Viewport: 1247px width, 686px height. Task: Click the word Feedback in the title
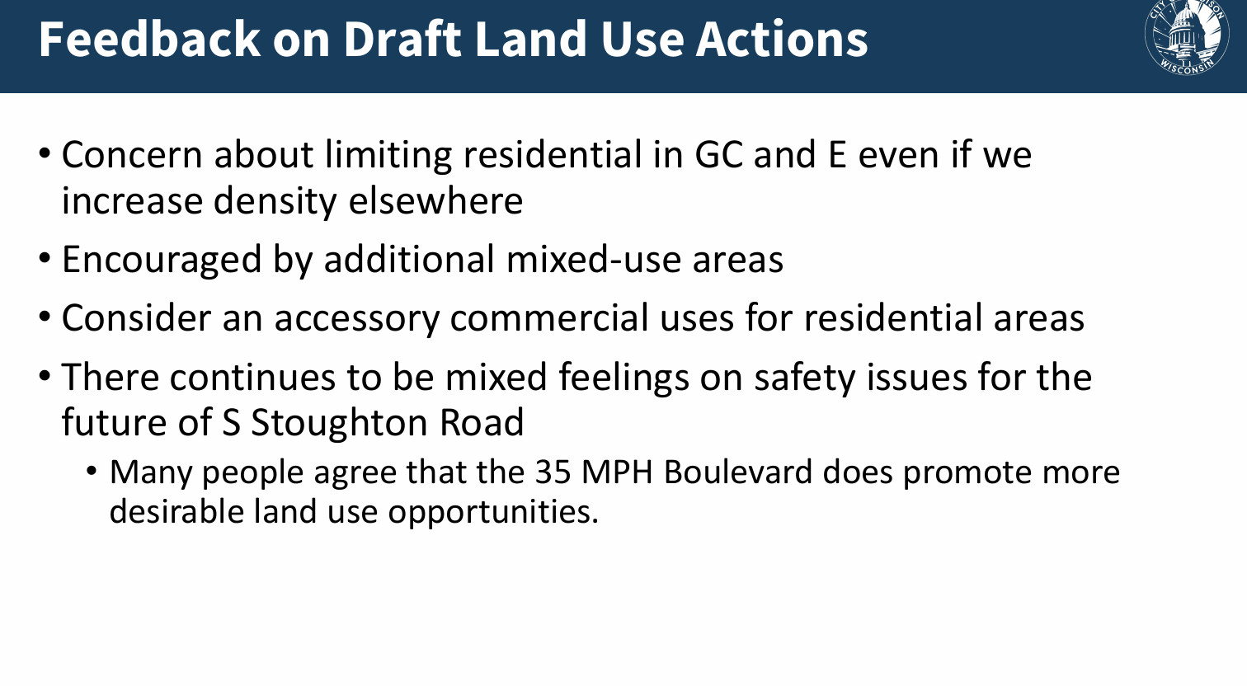click(149, 39)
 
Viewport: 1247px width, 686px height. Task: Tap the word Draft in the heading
click(402, 39)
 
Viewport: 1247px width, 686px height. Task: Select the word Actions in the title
click(782, 39)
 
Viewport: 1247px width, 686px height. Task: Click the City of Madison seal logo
click(1186, 37)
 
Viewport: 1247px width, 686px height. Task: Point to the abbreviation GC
click(718, 154)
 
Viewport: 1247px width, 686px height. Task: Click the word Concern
click(132, 154)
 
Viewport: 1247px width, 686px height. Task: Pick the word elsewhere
click(435, 200)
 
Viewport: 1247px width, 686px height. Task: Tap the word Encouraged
click(162, 259)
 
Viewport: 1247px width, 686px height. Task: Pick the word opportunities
click(493, 511)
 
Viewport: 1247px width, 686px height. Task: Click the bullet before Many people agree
click(92, 472)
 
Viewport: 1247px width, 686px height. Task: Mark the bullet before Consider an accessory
click(45, 317)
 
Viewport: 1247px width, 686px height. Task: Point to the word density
click(275, 200)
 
